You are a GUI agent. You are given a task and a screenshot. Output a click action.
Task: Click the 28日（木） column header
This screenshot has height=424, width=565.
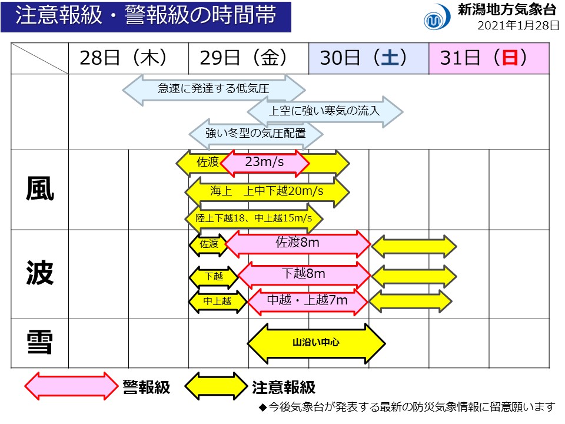coord(128,58)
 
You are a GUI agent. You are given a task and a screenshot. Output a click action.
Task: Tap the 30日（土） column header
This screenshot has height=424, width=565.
coord(368,58)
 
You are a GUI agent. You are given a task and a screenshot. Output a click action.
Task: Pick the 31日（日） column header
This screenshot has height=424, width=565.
coord(488,58)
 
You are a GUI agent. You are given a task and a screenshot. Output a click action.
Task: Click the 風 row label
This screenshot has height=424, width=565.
coord(39,190)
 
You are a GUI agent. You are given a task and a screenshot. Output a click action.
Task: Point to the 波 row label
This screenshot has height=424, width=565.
coord(39,274)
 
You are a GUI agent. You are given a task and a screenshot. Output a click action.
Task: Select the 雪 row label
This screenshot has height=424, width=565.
coord(39,343)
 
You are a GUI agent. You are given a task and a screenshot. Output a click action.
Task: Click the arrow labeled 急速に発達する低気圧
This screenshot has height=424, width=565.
coord(214,90)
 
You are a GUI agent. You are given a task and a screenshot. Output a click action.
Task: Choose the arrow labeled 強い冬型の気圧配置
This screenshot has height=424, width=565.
coord(255,133)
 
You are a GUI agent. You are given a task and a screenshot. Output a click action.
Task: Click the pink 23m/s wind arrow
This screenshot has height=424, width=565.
coord(264,163)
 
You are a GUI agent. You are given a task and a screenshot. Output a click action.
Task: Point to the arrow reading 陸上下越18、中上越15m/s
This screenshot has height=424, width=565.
coord(255,218)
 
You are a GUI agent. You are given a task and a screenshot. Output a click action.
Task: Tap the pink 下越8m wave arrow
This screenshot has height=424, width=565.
coord(304,274)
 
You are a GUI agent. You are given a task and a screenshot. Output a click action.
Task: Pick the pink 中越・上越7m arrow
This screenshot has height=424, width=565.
coord(307,301)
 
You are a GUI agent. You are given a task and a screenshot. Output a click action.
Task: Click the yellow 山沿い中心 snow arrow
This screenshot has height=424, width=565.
coord(316,343)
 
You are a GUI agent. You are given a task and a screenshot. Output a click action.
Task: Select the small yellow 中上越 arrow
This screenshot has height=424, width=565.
coord(217,302)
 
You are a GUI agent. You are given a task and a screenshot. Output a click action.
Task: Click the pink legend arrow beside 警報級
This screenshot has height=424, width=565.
coord(71,386)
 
